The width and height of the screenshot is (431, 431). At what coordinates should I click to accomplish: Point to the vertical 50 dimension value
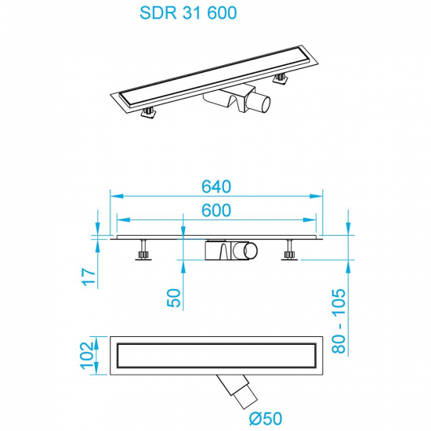point(174,297)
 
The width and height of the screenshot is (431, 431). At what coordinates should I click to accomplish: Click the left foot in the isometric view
point(146,116)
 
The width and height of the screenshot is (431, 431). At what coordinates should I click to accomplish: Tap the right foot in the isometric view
point(278,78)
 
